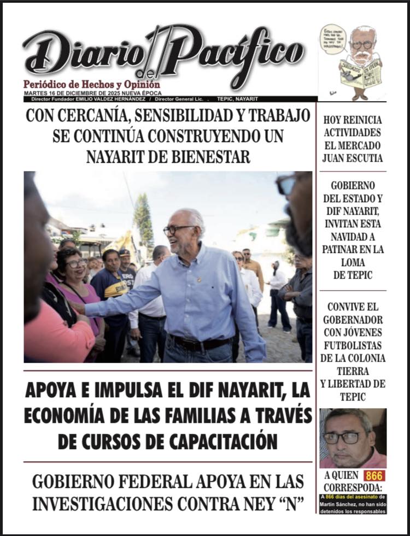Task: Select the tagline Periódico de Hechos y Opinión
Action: point(91,85)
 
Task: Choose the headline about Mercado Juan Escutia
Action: point(353,139)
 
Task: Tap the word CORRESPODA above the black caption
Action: point(353,487)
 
